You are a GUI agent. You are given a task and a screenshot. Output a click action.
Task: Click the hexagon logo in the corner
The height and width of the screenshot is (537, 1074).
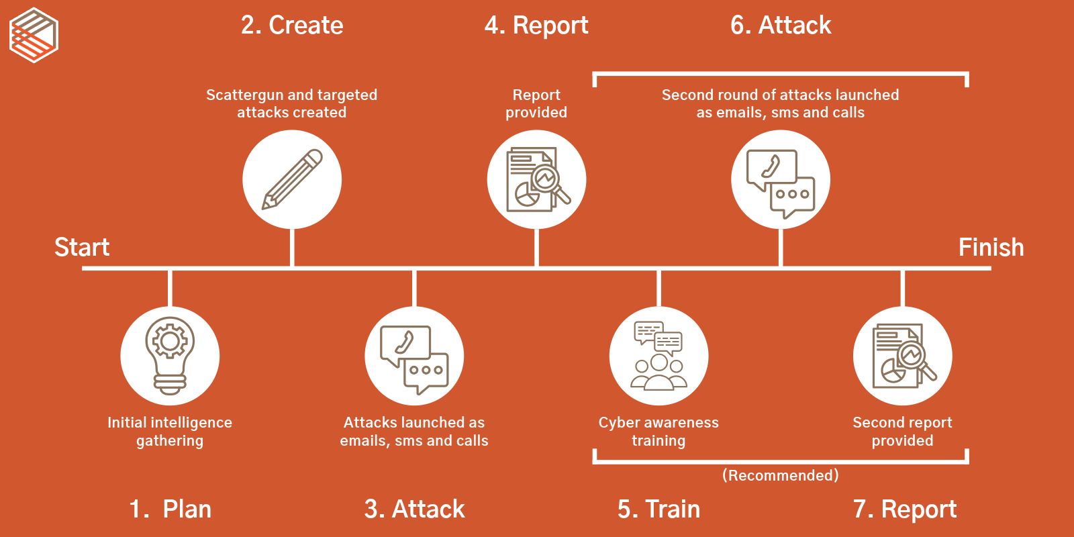click(34, 35)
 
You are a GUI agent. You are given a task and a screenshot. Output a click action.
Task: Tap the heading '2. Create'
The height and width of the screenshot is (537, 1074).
click(292, 26)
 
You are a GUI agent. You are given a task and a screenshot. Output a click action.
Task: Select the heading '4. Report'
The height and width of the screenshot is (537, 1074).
click(536, 26)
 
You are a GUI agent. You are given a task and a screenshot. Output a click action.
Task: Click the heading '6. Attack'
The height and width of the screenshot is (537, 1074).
click(781, 26)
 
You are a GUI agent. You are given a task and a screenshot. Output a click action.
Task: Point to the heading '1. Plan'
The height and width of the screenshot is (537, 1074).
click(170, 509)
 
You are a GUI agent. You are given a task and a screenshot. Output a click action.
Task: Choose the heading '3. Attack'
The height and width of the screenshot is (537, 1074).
click(414, 509)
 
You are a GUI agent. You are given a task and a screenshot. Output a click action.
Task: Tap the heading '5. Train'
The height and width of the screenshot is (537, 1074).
click(658, 509)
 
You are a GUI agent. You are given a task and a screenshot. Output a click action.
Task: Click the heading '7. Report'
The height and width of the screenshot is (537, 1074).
click(904, 509)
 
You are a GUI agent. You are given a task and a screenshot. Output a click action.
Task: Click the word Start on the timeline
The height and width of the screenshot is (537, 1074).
click(82, 247)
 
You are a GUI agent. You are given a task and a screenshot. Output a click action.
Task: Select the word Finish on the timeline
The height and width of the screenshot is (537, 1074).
click(991, 247)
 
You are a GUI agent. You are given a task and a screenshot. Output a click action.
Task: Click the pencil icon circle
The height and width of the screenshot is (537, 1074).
click(292, 179)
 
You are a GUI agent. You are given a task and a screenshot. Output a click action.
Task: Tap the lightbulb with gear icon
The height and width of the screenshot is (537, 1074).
click(170, 356)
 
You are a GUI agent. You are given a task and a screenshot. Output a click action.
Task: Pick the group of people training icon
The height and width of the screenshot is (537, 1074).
click(658, 356)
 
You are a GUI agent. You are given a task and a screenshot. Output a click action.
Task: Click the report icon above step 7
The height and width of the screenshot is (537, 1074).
click(903, 356)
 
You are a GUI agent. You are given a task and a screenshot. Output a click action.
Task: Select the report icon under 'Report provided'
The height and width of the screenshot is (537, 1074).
click(536, 179)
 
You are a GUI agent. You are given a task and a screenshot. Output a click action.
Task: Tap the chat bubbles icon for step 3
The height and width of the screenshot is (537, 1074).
click(414, 356)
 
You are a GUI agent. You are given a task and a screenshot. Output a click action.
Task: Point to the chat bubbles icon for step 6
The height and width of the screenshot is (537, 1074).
click(781, 179)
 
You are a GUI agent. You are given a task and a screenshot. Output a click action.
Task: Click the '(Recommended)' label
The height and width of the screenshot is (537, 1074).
click(780, 475)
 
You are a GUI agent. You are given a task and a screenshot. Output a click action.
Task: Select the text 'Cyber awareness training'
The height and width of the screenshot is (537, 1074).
click(658, 432)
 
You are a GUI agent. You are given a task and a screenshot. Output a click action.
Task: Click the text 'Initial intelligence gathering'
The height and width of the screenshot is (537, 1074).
click(170, 432)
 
